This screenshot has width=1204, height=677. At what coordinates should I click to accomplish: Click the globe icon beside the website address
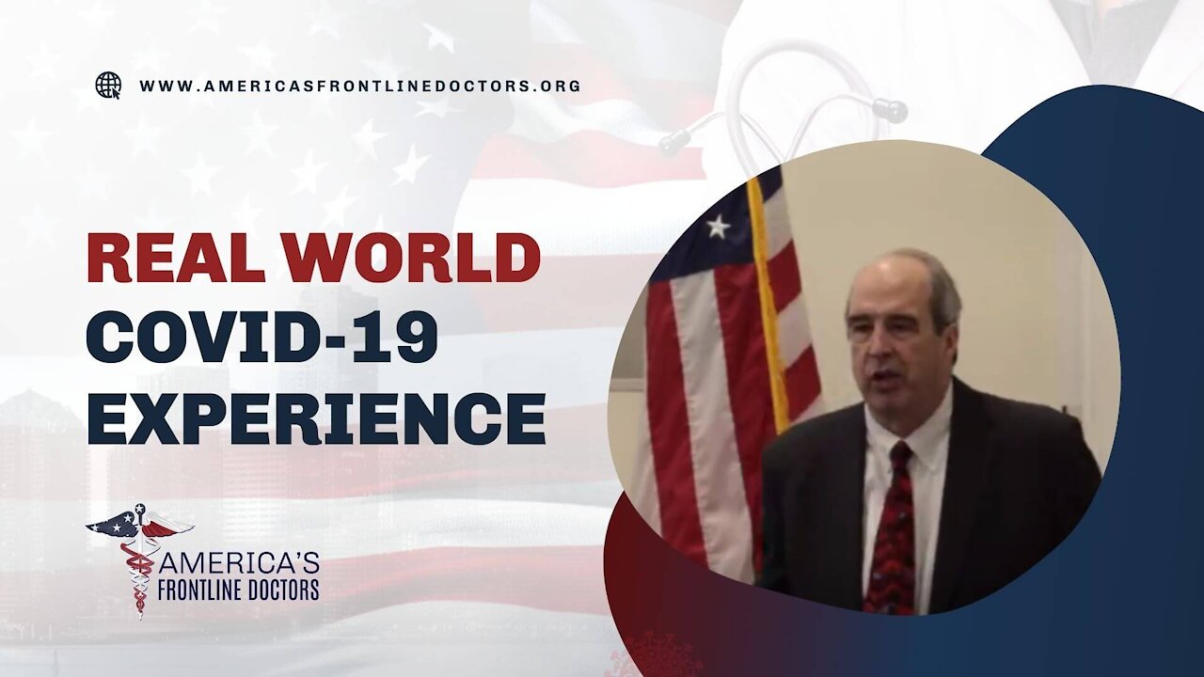tap(108, 86)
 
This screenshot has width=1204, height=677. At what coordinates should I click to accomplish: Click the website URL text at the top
tap(360, 86)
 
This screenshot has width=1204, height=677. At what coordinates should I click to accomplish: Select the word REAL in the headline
tap(176, 258)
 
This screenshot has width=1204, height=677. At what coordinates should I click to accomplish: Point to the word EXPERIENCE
tap(317, 418)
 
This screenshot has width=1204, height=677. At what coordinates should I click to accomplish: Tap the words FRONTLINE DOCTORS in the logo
tap(238, 589)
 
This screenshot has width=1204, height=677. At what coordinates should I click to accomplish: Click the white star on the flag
tap(718, 227)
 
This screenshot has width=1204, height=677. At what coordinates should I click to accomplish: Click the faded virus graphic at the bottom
tap(649, 656)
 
